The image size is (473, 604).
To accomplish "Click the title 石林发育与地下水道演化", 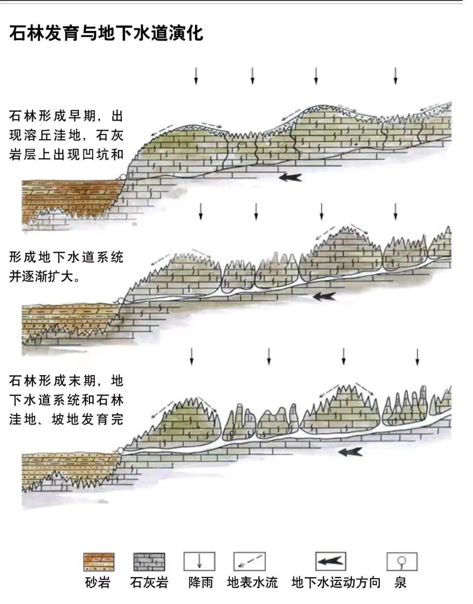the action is click(106, 33).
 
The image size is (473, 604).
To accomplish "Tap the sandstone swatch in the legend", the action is click(99, 562).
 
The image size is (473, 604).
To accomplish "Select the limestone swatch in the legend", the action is click(149, 562).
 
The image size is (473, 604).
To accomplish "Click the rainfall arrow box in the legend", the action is click(199, 562).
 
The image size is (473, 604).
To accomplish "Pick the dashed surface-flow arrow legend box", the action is click(249, 562).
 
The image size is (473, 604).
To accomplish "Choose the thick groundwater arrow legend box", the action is click(331, 561).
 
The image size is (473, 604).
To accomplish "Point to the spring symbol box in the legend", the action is click(402, 562).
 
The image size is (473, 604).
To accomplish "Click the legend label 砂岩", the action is click(98, 583).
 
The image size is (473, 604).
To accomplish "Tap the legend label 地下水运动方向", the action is click(336, 583).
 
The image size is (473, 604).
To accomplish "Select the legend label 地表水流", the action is click(252, 583).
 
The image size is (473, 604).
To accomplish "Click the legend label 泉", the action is click(400, 583).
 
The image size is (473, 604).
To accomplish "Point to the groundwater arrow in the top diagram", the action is click(290, 177).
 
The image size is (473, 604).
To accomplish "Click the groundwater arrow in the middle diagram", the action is click(324, 297).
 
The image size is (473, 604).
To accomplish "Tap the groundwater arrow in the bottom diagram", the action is click(350, 452).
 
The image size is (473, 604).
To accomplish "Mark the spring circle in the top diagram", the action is click(123, 177).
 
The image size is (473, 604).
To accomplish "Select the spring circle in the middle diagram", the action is click(120, 301).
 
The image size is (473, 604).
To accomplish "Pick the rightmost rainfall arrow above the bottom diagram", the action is click(417, 357).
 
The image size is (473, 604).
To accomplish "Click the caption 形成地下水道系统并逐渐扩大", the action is click(66, 266).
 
